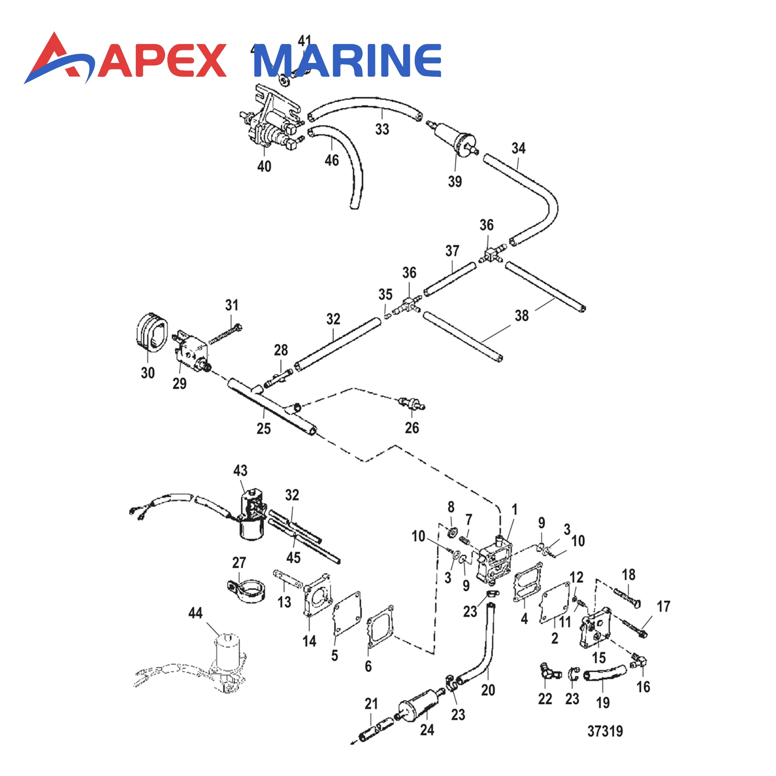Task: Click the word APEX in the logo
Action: coord(162,61)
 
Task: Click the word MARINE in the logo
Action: coord(347,61)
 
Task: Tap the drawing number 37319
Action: coord(605,731)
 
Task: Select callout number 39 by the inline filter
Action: coord(455,181)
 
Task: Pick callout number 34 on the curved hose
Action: coord(518,148)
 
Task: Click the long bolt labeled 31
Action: coord(225,335)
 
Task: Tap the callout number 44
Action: coord(195,613)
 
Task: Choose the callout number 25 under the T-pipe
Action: coord(263,429)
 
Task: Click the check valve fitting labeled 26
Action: coord(410,404)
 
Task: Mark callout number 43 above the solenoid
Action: coord(240,470)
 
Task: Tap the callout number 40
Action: coord(264,166)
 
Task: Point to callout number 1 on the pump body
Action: coord(514,510)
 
